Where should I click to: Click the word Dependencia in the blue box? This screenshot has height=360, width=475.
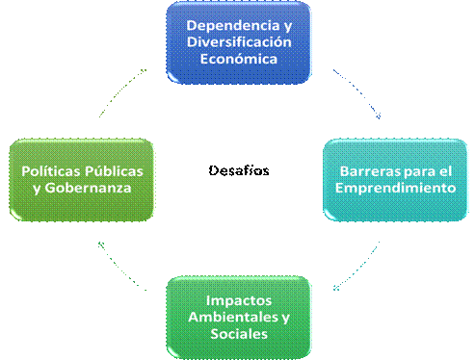pyautogui.click(x=233, y=26)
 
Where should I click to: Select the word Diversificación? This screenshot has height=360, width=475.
pyautogui.click(x=239, y=42)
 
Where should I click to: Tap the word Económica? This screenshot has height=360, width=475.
pyautogui.click(x=239, y=59)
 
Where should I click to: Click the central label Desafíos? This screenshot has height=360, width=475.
pyautogui.click(x=239, y=170)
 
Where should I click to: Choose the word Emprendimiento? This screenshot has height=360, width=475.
pyautogui.click(x=395, y=188)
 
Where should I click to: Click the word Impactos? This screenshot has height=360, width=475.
pyautogui.click(x=239, y=301)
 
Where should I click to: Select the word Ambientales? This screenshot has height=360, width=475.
pyautogui.click(x=233, y=317)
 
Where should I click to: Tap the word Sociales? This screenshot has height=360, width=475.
pyautogui.click(x=239, y=334)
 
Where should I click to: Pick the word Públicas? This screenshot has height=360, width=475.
pyautogui.click(x=114, y=171)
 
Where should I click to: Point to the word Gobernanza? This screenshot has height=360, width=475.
pyautogui.click(x=88, y=188)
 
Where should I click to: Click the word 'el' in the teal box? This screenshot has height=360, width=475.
pyautogui.click(x=445, y=171)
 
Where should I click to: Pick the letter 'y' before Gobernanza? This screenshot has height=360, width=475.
pyautogui.click(x=37, y=190)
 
